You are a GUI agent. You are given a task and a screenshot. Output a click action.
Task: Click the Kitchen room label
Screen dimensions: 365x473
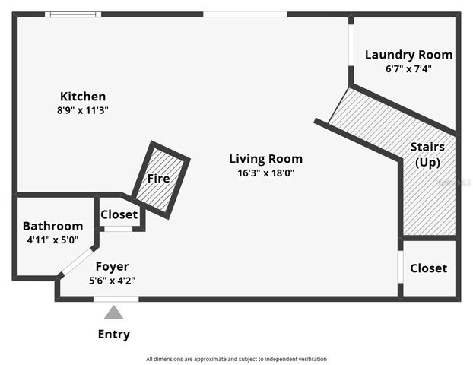(x=83, y=97)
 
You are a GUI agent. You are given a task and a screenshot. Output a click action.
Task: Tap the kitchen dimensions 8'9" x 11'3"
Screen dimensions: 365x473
(x=83, y=109)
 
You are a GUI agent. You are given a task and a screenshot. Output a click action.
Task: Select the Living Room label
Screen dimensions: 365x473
(x=265, y=159)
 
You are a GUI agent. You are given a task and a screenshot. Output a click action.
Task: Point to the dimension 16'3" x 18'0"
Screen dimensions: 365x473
(x=265, y=173)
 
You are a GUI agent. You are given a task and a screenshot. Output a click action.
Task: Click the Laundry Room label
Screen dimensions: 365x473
(x=408, y=55)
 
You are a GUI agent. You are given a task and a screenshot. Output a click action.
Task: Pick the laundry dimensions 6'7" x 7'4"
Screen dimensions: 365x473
(x=408, y=68)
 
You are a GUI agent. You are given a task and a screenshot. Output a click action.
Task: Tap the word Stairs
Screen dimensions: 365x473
(x=427, y=146)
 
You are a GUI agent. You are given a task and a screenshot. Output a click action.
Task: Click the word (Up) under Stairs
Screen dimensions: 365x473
(x=427, y=162)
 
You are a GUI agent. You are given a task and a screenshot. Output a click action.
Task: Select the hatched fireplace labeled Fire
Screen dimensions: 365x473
(x=159, y=179)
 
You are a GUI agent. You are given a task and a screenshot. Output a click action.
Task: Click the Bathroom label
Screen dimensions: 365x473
(x=52, y=226)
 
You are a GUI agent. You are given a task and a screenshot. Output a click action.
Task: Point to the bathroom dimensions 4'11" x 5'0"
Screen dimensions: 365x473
(x=52, y=240)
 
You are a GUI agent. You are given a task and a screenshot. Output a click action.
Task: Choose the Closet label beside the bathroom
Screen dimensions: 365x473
(x=119, y=214)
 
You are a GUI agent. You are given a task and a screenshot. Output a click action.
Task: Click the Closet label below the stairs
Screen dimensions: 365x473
(x=428, y=268)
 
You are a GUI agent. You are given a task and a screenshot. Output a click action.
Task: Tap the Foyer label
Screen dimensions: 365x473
(x=112, y=266)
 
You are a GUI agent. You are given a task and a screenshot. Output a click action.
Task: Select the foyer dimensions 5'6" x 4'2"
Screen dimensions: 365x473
(x=112, y=280)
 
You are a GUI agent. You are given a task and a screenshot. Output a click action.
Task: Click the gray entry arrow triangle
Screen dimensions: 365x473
(x=114, y=312)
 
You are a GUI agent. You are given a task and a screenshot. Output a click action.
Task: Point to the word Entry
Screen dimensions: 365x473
(x=114, y=334)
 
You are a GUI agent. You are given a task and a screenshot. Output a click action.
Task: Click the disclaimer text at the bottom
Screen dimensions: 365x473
(x=236, y=359)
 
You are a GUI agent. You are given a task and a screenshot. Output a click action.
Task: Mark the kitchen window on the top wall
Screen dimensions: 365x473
(x=72, y=14)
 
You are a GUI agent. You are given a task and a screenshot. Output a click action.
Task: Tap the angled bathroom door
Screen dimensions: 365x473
(x=75, y=262)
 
